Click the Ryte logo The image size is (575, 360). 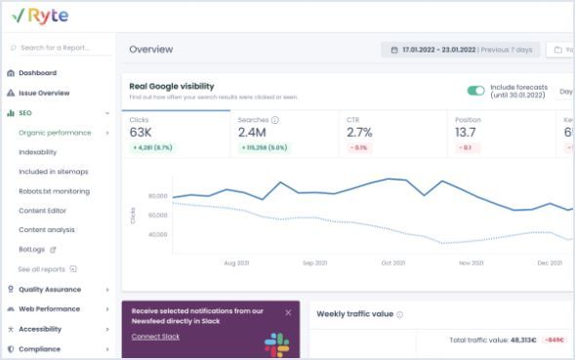[x=35, y=16]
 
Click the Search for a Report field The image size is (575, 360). [x=59, y=47]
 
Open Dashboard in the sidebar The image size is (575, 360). [x=37, y=73]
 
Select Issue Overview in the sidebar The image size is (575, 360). [x=44, y=93]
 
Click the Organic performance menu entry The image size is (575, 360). [x=54, y=132]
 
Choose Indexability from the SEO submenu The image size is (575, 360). [x=38, y=151]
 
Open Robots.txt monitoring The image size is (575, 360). [x=54, y=191]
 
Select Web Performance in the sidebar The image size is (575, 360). [x=50, y=308]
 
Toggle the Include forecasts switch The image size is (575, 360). [x=475, y=91]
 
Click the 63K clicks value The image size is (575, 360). [x=142, y=132]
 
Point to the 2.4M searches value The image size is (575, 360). [x=252, y=132]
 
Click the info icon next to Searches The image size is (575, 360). [x=275, y=120]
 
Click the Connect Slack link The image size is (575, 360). [x=157, y=337]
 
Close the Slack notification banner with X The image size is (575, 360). [x=288, y=313]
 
